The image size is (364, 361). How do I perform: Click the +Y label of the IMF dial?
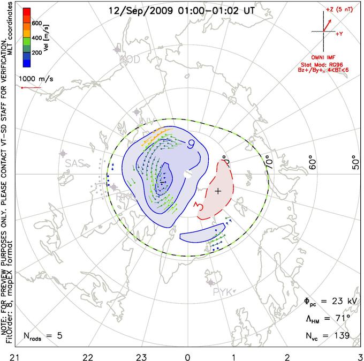point(339,34)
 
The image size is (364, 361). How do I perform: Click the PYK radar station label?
point(223,292)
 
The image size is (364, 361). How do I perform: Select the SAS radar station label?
point(75,164)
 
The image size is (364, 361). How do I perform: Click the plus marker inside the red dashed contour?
point(218,191)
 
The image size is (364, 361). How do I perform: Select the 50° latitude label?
point(354,162)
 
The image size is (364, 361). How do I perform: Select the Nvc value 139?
point(340,336)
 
